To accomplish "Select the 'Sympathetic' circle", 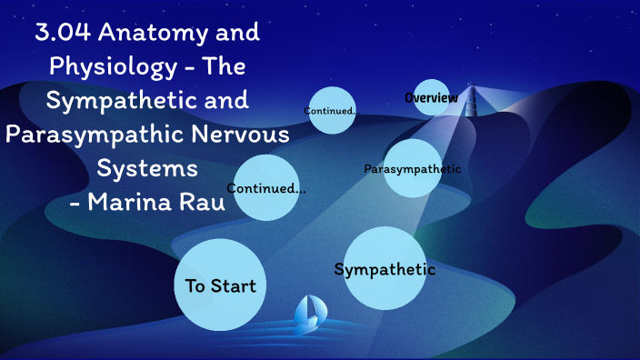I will [385, 268].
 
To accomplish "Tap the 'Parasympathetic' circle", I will [412, 168].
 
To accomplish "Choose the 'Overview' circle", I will [432, 97].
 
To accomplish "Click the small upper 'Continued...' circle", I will [331, 111].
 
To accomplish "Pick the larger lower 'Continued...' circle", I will [265, 188].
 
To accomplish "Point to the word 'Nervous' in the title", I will [246, 135].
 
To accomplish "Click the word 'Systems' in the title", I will [148, 169].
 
